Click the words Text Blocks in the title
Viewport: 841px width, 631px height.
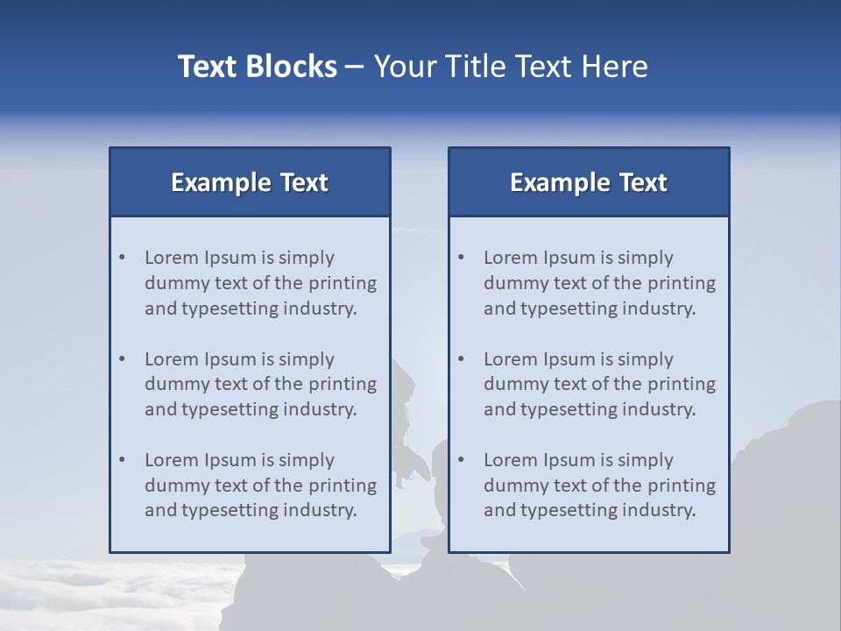[257, 67]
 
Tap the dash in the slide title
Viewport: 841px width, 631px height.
[355, 67]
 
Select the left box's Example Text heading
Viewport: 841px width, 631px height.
[250, 182]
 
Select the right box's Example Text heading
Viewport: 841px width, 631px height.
[589, 182]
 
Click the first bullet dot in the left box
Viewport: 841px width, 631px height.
[123, 258]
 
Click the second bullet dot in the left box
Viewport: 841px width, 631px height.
[123, 359]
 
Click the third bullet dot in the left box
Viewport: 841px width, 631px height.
[123, 460]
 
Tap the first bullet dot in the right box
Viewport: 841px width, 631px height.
[462, 258]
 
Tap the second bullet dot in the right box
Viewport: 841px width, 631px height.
[462, 359]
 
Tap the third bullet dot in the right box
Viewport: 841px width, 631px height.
[462, 460]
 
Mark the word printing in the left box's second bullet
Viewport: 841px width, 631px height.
[343, 384]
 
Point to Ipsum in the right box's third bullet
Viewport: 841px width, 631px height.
[570, 460]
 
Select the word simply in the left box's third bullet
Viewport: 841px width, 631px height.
[307, 461]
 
